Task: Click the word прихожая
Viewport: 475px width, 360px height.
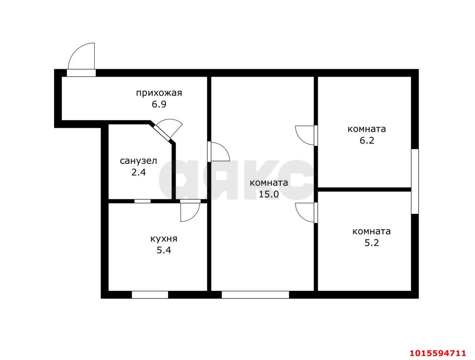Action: [159, 93]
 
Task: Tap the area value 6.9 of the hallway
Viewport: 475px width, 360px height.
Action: [159, 105]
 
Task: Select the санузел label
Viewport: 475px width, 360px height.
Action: [138, 161]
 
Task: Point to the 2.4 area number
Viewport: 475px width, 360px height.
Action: [138, 173]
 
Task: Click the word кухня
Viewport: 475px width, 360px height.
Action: [164, 239]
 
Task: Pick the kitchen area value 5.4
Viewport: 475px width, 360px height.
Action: [164, 250]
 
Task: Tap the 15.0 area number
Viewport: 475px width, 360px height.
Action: [269, 194]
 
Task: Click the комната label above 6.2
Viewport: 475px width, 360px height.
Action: [367, 129]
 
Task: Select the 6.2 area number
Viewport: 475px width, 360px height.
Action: [367, 140]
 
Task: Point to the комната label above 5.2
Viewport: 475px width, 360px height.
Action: [371, 232]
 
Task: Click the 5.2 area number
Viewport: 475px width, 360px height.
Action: [372, 243]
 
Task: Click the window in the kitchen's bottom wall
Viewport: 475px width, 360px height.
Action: [150, 295]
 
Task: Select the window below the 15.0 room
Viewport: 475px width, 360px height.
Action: [255, 295]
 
